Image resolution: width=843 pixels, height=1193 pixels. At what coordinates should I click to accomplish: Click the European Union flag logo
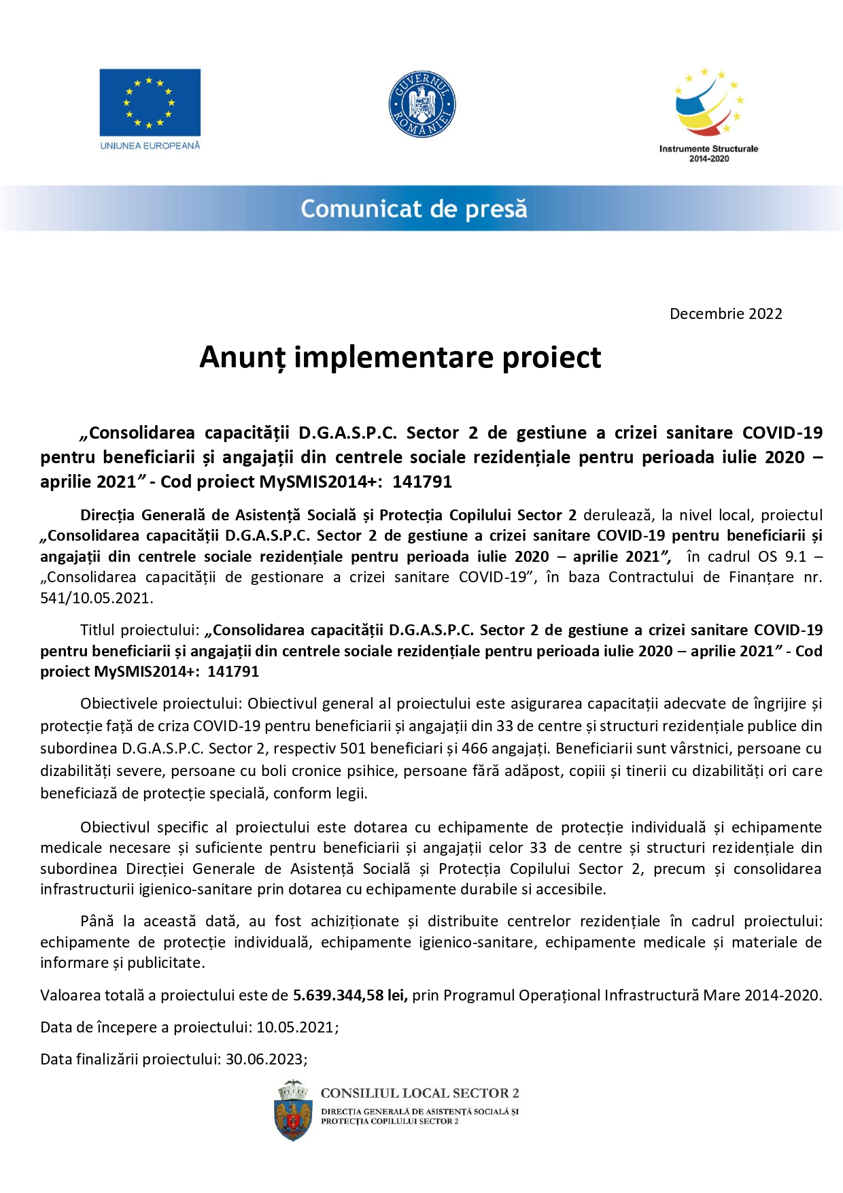click(x=150, y=102)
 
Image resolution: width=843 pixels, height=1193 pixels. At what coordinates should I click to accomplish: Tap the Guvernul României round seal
click(x=421, y=105)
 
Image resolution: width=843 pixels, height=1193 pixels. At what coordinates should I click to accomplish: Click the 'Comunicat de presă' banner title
click(x=413, y=209)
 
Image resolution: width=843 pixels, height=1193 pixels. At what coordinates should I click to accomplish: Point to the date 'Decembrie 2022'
click(x=725, y=314)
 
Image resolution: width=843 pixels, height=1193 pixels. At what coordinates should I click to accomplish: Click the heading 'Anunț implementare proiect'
click(x=400, y=357)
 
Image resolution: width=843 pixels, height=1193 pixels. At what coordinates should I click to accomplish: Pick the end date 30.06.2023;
click(x=266, y=1059)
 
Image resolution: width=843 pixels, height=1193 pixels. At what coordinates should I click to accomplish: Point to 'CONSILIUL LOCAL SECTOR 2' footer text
click(x=419, y=1093)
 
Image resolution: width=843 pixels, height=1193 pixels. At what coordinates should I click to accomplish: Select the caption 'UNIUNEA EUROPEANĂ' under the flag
click(x=150, y=146)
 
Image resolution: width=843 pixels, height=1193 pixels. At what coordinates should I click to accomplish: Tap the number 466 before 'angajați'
click(x=475, y=748)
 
